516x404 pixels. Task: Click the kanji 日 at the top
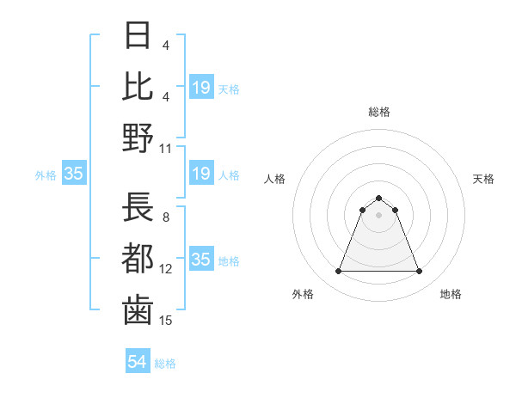138,35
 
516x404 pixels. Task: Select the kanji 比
138,86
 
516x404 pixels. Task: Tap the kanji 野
138,138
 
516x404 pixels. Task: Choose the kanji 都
138,259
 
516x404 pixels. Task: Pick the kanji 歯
138,310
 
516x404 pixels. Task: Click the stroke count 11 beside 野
166,148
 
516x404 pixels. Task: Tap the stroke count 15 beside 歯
166,320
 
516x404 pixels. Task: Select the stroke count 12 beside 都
166,268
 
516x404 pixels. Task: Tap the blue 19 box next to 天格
201,87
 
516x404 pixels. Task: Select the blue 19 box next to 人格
201,174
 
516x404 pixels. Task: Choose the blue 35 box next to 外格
74,174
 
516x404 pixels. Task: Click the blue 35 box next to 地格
201,260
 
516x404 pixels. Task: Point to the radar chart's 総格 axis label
378,112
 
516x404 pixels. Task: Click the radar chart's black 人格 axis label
275,179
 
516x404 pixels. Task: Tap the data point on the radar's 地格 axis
420,272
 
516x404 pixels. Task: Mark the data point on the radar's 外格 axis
338,272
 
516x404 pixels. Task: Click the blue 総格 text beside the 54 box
165,364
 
